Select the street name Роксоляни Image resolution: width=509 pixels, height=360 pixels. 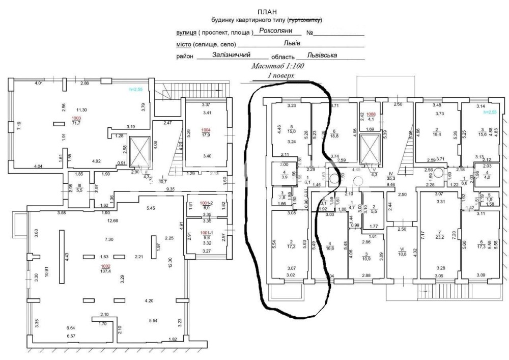pos(276,31)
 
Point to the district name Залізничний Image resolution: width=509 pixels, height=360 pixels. pos(232,55)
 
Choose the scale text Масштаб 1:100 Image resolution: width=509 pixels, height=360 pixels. pos(277,66)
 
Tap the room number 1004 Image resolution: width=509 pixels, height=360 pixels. pos(205,130)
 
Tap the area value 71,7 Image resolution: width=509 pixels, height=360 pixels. pos(75,123)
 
